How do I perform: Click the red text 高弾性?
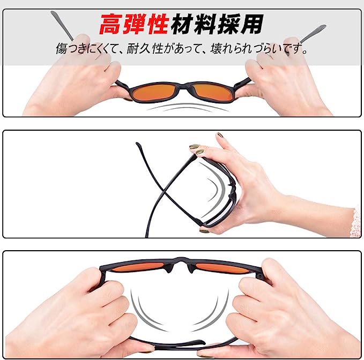tap(133, 24)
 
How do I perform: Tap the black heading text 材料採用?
tap(217, 24)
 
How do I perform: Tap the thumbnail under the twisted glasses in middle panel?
tap(204, 230)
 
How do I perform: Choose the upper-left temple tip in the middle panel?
tap(138, 145)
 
